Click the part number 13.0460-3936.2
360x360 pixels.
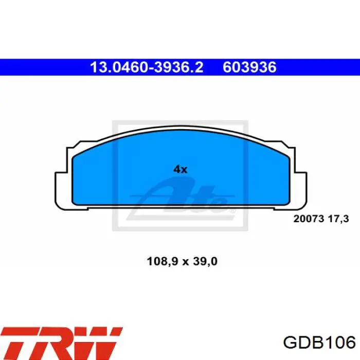[x=147, y=67]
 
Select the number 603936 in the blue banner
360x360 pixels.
[x=249, y=67]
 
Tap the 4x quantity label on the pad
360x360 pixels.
[x=180, y=169]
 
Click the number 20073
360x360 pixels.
[x=309, y=219]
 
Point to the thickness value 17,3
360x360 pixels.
[x=338, y=219]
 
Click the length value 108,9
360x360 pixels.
[x=163, y=261]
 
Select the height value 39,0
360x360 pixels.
[x=205, y=261]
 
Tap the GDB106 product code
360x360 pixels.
[x=319, y=343]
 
